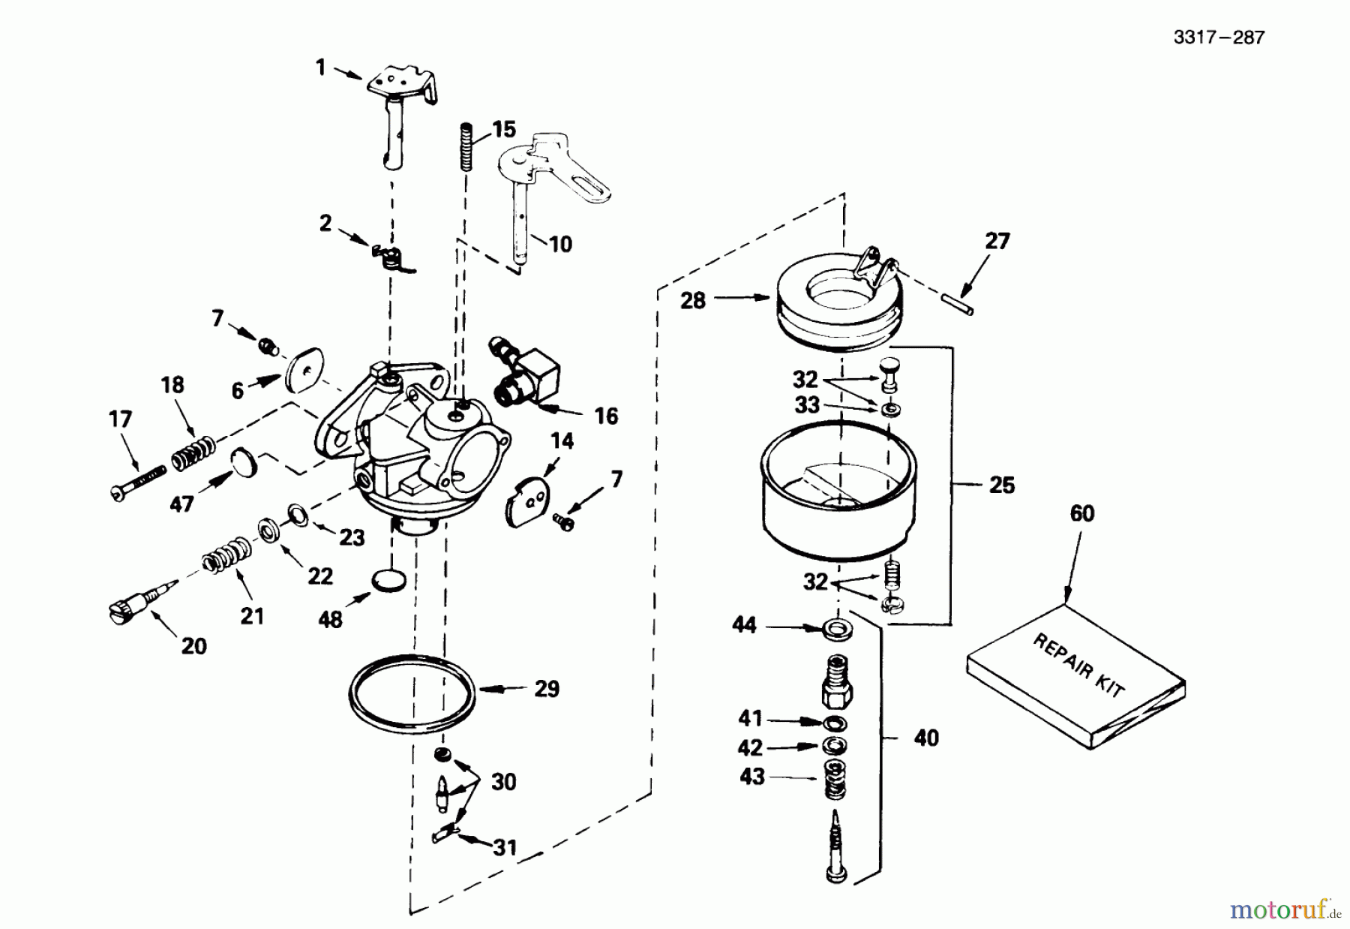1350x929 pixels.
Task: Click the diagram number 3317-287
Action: pyautogui.click(x=1219, y=38)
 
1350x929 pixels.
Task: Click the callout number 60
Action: pyautogui.click(x=1081, y=513)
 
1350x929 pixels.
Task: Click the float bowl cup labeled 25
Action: pyautogui.click(x=838, y=492)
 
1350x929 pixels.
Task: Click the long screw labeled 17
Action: pyautogui.click(x=139, y=481)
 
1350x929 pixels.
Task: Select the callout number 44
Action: pyautogui.click(x=744, y=625)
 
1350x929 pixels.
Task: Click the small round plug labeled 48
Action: pyautogui.click(x=388, y=580)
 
